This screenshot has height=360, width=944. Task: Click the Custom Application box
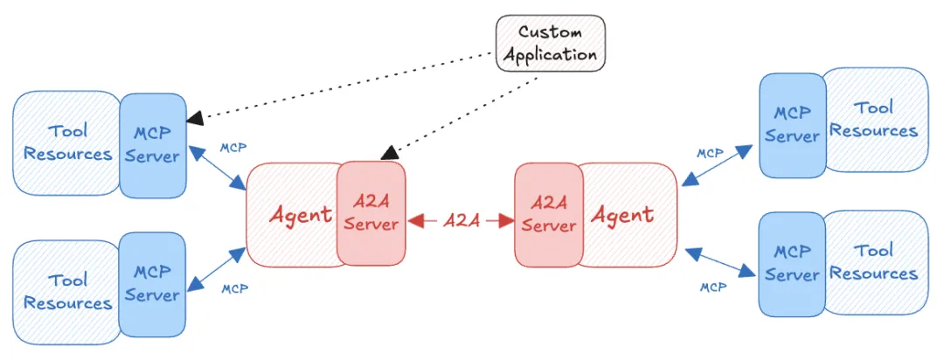[x=551, y=44]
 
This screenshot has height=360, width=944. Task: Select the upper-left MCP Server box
[x=153, y=145]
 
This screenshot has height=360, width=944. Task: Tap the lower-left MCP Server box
[x=153, y=284]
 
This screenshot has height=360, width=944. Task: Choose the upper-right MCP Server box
[x=792, y=125]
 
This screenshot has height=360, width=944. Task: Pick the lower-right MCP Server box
[x=792, y=264]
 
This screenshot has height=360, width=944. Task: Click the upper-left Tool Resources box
[x=66, y=142]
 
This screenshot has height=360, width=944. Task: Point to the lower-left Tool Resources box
[x=66, y=292]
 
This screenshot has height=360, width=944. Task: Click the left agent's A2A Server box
[x=371, y=213]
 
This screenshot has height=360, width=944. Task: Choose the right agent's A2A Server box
[x=549, y=213]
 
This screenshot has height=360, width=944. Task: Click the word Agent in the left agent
[x=300, y=215]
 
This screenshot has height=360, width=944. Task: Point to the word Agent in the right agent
[x=622, y=214]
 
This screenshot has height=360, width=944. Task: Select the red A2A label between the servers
[x=462, y=221]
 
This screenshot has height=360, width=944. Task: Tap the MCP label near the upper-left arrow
[x=233, y=148]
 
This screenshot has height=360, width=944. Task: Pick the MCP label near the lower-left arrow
[x=235, y=289]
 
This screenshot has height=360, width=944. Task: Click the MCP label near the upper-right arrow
[x=710, y=153]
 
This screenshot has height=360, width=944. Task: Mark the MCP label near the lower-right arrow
[x=713, y=287]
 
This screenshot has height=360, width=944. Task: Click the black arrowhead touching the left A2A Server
[x=389, y=153]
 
